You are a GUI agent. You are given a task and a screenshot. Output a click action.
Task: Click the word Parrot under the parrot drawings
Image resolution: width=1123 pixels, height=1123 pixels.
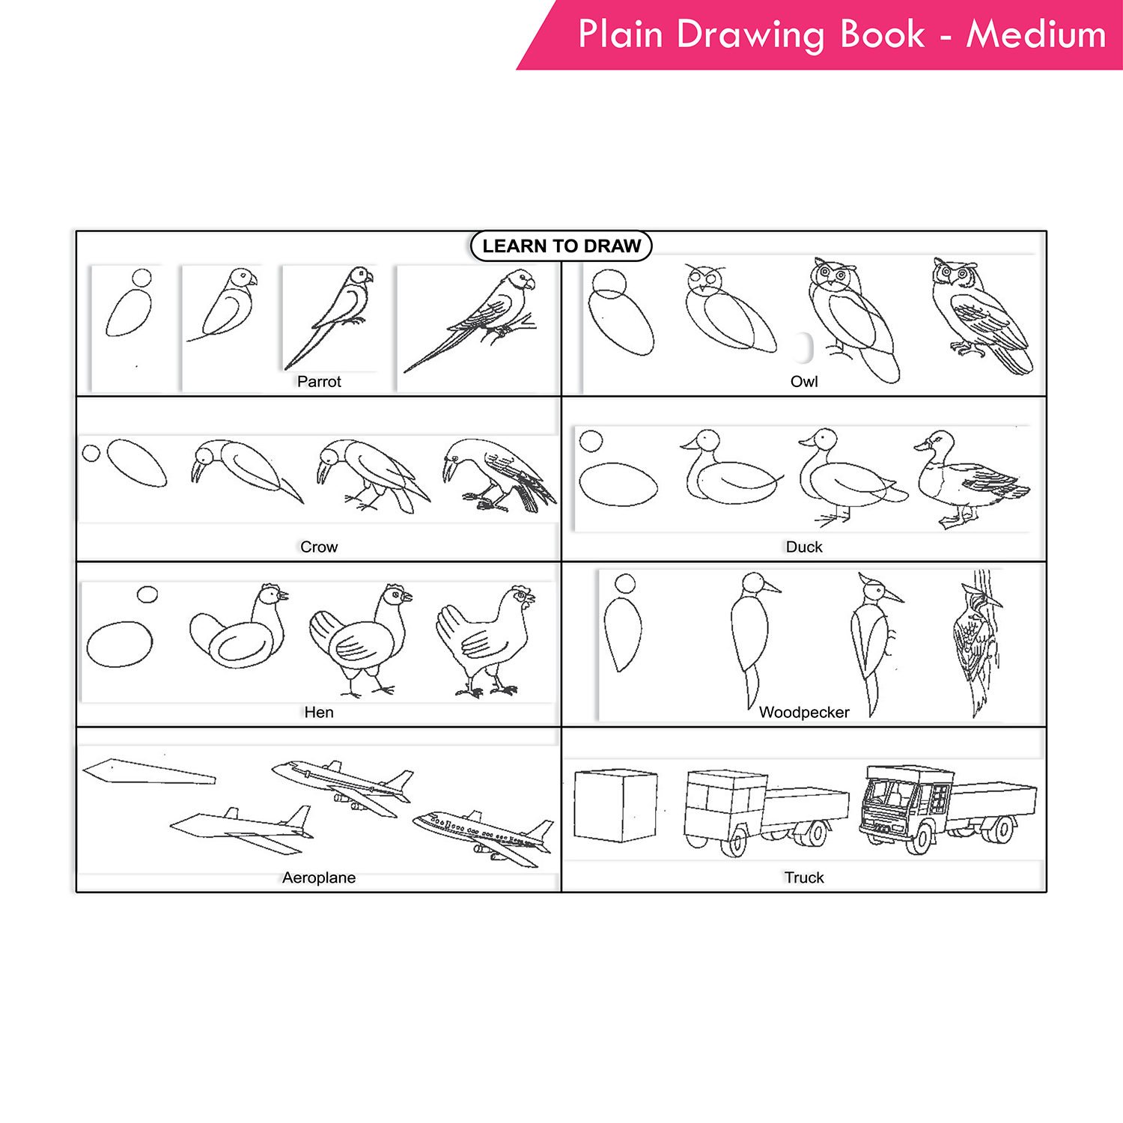pyautogui.click(x=319, y=382)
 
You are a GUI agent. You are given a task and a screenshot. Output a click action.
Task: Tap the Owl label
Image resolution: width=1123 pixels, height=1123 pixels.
pyautogui.click(x=804, y=382)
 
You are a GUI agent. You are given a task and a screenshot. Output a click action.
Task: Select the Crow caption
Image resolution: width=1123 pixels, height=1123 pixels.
pyautogui.click(x=319, y=547)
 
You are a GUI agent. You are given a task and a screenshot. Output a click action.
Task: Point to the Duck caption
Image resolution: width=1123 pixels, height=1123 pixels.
pyautogui.click(x=804, y=547)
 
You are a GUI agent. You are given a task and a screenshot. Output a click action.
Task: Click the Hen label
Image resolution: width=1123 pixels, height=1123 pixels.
pyautogui.click(x=319, y=713)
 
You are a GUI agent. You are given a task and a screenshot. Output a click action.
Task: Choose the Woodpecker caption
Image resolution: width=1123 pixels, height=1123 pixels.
pyautogui.click(x=804, y=713)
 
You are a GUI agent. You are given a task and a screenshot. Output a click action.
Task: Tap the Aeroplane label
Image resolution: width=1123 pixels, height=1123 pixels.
pyautogui.click(x=319, y=878)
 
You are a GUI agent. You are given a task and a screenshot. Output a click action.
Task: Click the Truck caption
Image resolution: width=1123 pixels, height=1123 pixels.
pyautogui.click(x=804, y=878)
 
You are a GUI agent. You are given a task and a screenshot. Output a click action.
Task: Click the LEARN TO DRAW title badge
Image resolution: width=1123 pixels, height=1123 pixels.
pyautogui.click(x=561, y=246)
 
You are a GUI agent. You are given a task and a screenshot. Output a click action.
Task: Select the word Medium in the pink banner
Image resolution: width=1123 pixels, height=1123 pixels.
pyautogui.click(x=1035, y=35)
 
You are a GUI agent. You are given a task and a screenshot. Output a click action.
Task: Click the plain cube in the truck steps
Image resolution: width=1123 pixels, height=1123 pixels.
pyautogui.click(x=615, y=806)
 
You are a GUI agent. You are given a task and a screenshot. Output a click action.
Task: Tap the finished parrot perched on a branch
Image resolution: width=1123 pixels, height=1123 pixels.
pyautogui.click(x=479, y=318)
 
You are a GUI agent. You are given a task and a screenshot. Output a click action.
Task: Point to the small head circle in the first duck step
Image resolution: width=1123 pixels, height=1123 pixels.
pyautogui.click(x=591, y=441)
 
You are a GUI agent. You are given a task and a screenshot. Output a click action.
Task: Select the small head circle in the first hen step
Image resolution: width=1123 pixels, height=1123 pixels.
pyautogui.click(x=147, y=594)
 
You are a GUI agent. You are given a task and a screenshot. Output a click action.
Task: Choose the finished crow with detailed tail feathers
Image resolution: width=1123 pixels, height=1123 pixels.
pyautogui.click(x=498, y=475)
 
